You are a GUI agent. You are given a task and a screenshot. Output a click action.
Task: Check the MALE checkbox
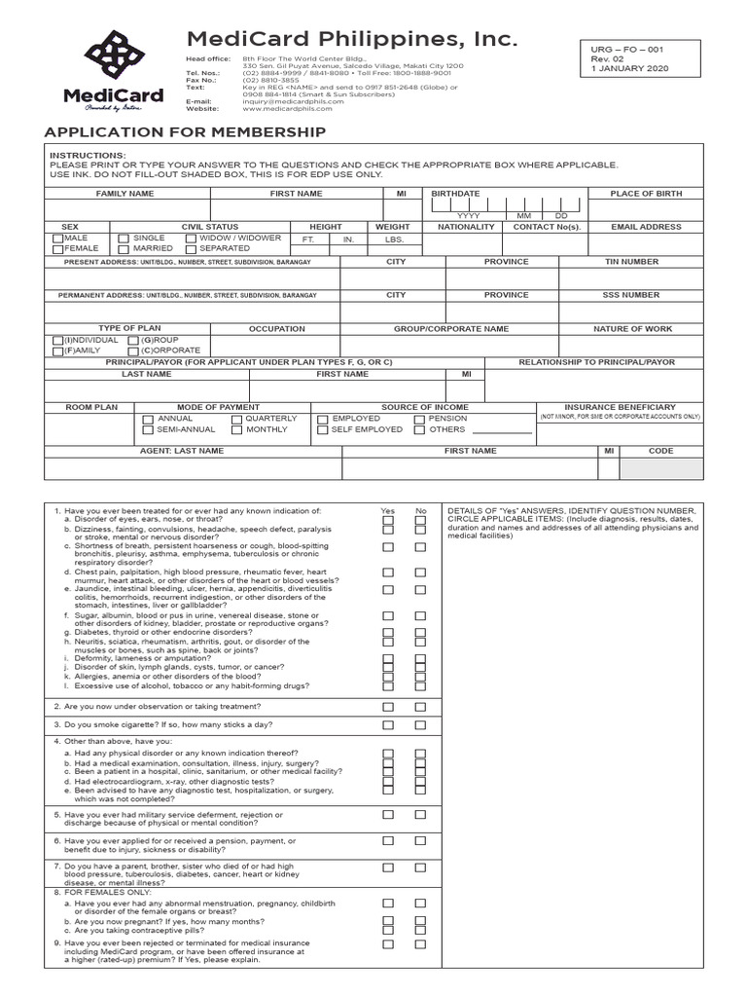[x=56, y=239]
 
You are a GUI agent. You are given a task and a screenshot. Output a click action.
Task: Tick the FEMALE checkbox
[x=56, y=249]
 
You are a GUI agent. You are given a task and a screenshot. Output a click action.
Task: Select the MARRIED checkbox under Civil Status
[x=124, y=249]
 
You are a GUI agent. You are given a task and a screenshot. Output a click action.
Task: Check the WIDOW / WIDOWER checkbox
[x=191, y=239]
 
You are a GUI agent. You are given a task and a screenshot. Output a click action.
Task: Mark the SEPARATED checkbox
[x=191, y=249]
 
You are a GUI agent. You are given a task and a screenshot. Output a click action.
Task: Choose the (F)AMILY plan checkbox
[x=56, y=351]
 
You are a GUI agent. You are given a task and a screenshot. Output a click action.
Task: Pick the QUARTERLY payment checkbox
[x=236, y=419]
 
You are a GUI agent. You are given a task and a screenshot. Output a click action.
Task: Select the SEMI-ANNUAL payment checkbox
[x=148, y=429]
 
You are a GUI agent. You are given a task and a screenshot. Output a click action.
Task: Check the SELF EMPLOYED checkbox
[x=323, y=429]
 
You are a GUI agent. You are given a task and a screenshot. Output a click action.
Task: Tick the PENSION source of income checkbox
[x=419, y=419]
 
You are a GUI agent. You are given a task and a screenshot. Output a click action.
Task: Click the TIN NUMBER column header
[x=631, y=262]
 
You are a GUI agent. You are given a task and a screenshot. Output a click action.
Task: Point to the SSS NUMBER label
[x=631, y=295]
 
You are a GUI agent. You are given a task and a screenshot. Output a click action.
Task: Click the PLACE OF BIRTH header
[x=646, y=194]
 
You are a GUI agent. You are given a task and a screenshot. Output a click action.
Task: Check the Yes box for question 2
[x=388, y=707]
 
